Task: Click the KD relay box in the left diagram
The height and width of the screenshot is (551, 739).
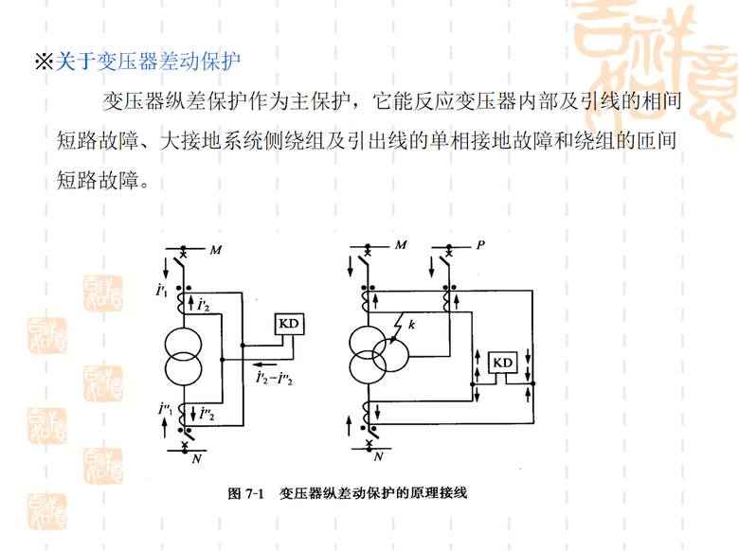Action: [x=288, y=324]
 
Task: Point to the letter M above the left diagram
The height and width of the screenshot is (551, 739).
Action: [x=215, y=249]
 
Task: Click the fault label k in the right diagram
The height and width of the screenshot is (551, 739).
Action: [x=412, y=325]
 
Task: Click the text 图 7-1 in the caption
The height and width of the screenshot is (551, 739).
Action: [x=244, y=493]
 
